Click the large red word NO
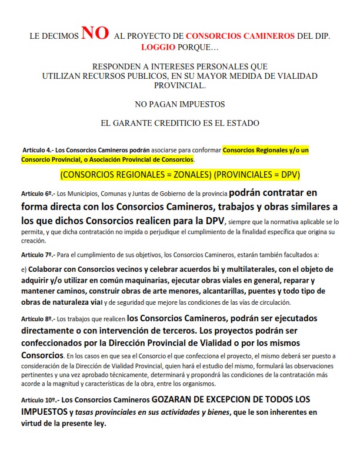95,34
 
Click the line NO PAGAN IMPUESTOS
179,104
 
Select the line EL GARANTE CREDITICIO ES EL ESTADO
179,123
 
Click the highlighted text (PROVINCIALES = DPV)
258,175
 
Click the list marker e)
24,269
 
